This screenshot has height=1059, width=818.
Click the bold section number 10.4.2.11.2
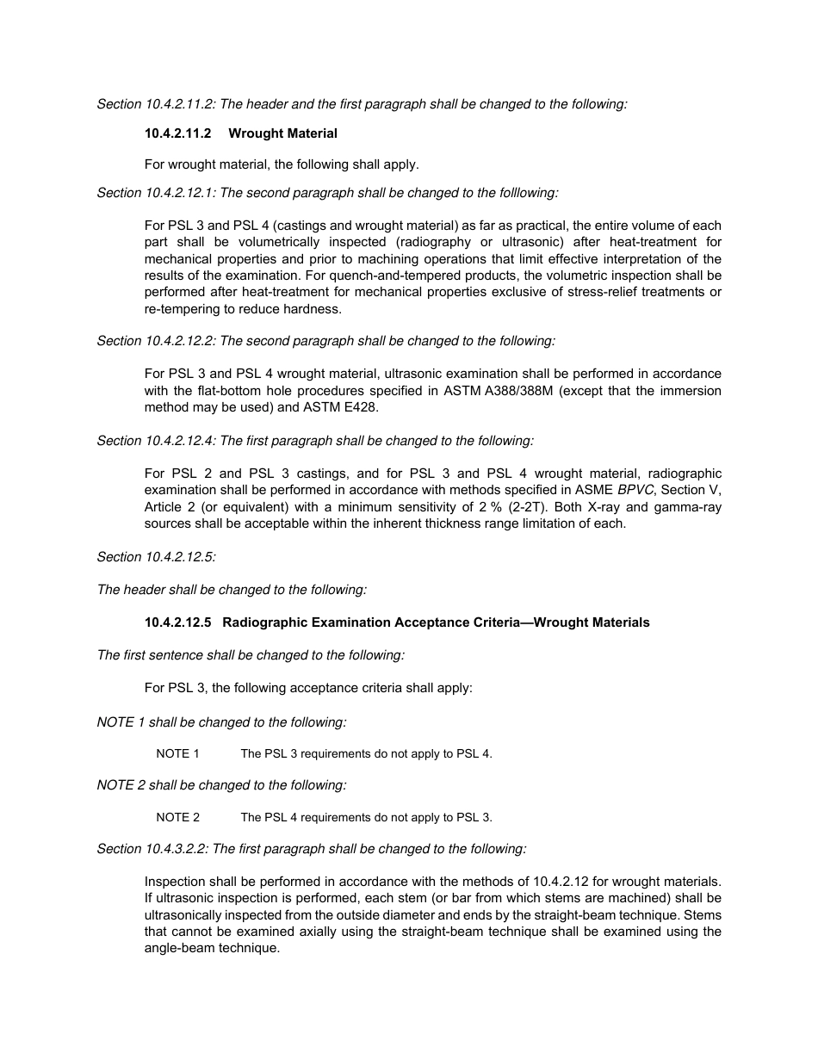click(177, 133)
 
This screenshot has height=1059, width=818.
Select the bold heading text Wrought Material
click(282, 133)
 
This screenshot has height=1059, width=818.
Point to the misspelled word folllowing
click(526, 193)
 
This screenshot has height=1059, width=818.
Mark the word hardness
click(315, 309)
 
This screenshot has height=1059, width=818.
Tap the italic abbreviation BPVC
click(635, 490)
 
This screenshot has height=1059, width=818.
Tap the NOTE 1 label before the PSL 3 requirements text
click(177, 753)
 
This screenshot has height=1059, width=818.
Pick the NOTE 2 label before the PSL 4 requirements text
click(177, 817)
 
